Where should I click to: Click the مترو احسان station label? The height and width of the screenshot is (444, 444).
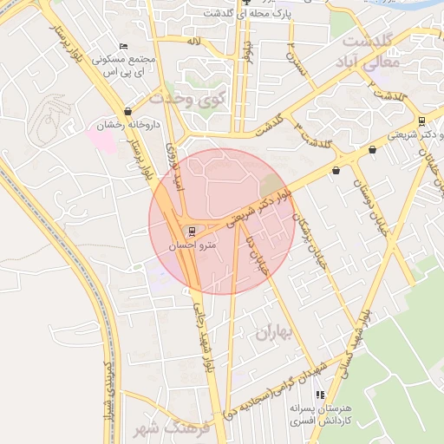point(195,245)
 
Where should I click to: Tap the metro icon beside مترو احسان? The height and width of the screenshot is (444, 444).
point(192,231)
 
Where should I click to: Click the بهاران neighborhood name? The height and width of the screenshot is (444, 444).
point(276,332)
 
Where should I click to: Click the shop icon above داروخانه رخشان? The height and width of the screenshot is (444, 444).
point(128,111)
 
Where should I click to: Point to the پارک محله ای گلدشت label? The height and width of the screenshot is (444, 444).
point(245,15)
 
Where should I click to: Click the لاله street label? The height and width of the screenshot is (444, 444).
point(193,41)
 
